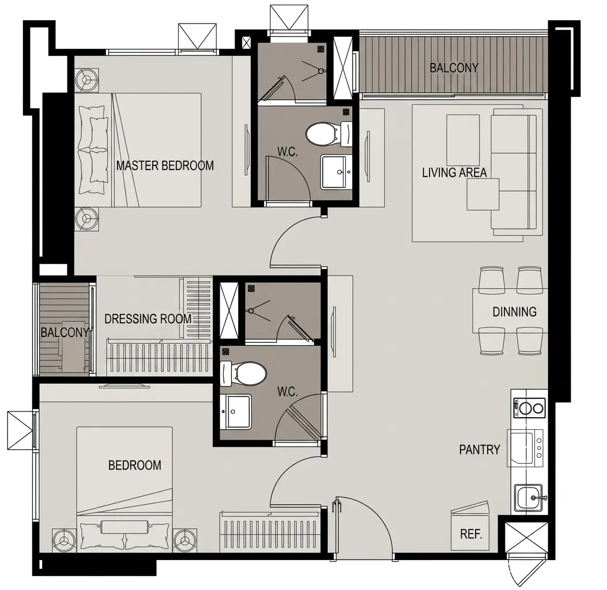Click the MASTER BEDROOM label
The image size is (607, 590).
[165, 165]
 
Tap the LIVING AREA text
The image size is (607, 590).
[454, 172]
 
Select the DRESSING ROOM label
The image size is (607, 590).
[148, 319]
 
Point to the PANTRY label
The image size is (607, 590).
[480, 449]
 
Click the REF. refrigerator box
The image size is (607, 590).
[470, 531]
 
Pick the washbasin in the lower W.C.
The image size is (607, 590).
[236, 411]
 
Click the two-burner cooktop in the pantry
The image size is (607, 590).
[529, 408]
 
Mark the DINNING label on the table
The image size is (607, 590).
[514, 312]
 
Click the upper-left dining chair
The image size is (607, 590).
[492, 279]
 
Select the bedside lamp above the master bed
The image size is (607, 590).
[86, 81]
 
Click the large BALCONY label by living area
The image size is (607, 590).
[454, 68]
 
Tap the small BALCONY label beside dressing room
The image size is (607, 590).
[65, 332]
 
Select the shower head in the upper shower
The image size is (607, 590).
[321, 71]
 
